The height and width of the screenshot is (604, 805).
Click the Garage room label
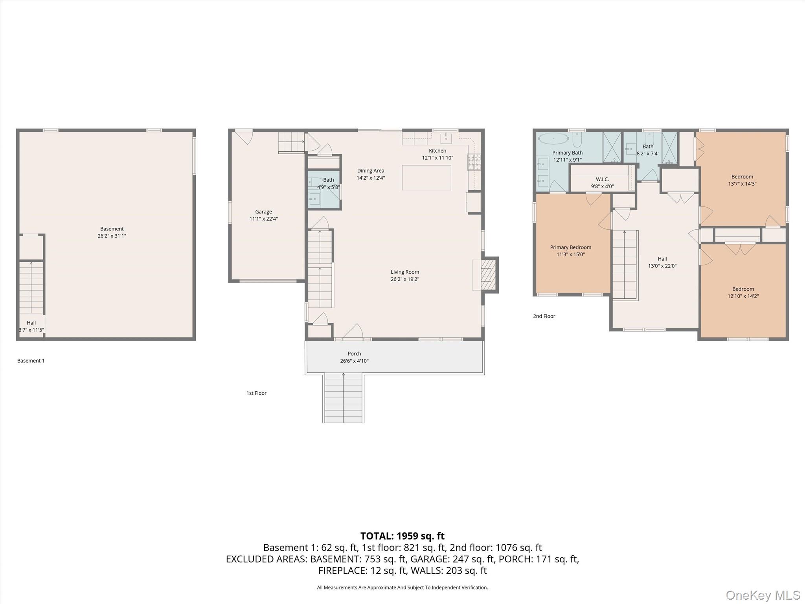click(263, 212)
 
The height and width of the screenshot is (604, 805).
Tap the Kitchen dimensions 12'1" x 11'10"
click(437, 158)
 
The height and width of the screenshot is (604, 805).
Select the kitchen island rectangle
click(426, 177)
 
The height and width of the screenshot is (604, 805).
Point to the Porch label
click(354, 354)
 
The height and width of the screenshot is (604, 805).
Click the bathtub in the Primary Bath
click(553, 138)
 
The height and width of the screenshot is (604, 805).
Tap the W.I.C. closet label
click(602, 179)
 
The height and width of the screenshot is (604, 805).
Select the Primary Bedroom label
click(570, 247)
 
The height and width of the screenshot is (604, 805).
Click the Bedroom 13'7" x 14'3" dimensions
click(742, 184)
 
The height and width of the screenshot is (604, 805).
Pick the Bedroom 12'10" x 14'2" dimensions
click(743, 296)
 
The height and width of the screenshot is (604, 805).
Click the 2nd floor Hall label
click(662, 259)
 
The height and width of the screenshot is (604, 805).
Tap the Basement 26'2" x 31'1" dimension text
click(112, 236)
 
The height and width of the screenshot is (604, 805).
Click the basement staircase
click(31, 287)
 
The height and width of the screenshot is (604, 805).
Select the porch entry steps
click(343, 398)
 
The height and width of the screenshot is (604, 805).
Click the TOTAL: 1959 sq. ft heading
click(402, 536)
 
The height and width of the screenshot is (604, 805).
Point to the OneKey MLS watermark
click(763, 595)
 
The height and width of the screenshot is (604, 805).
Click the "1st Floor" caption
click(256, 393)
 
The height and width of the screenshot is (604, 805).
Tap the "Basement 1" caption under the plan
click(31, 361)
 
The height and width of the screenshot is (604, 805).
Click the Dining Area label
click(370, 171)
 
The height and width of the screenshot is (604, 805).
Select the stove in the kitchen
click(474, 162)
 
